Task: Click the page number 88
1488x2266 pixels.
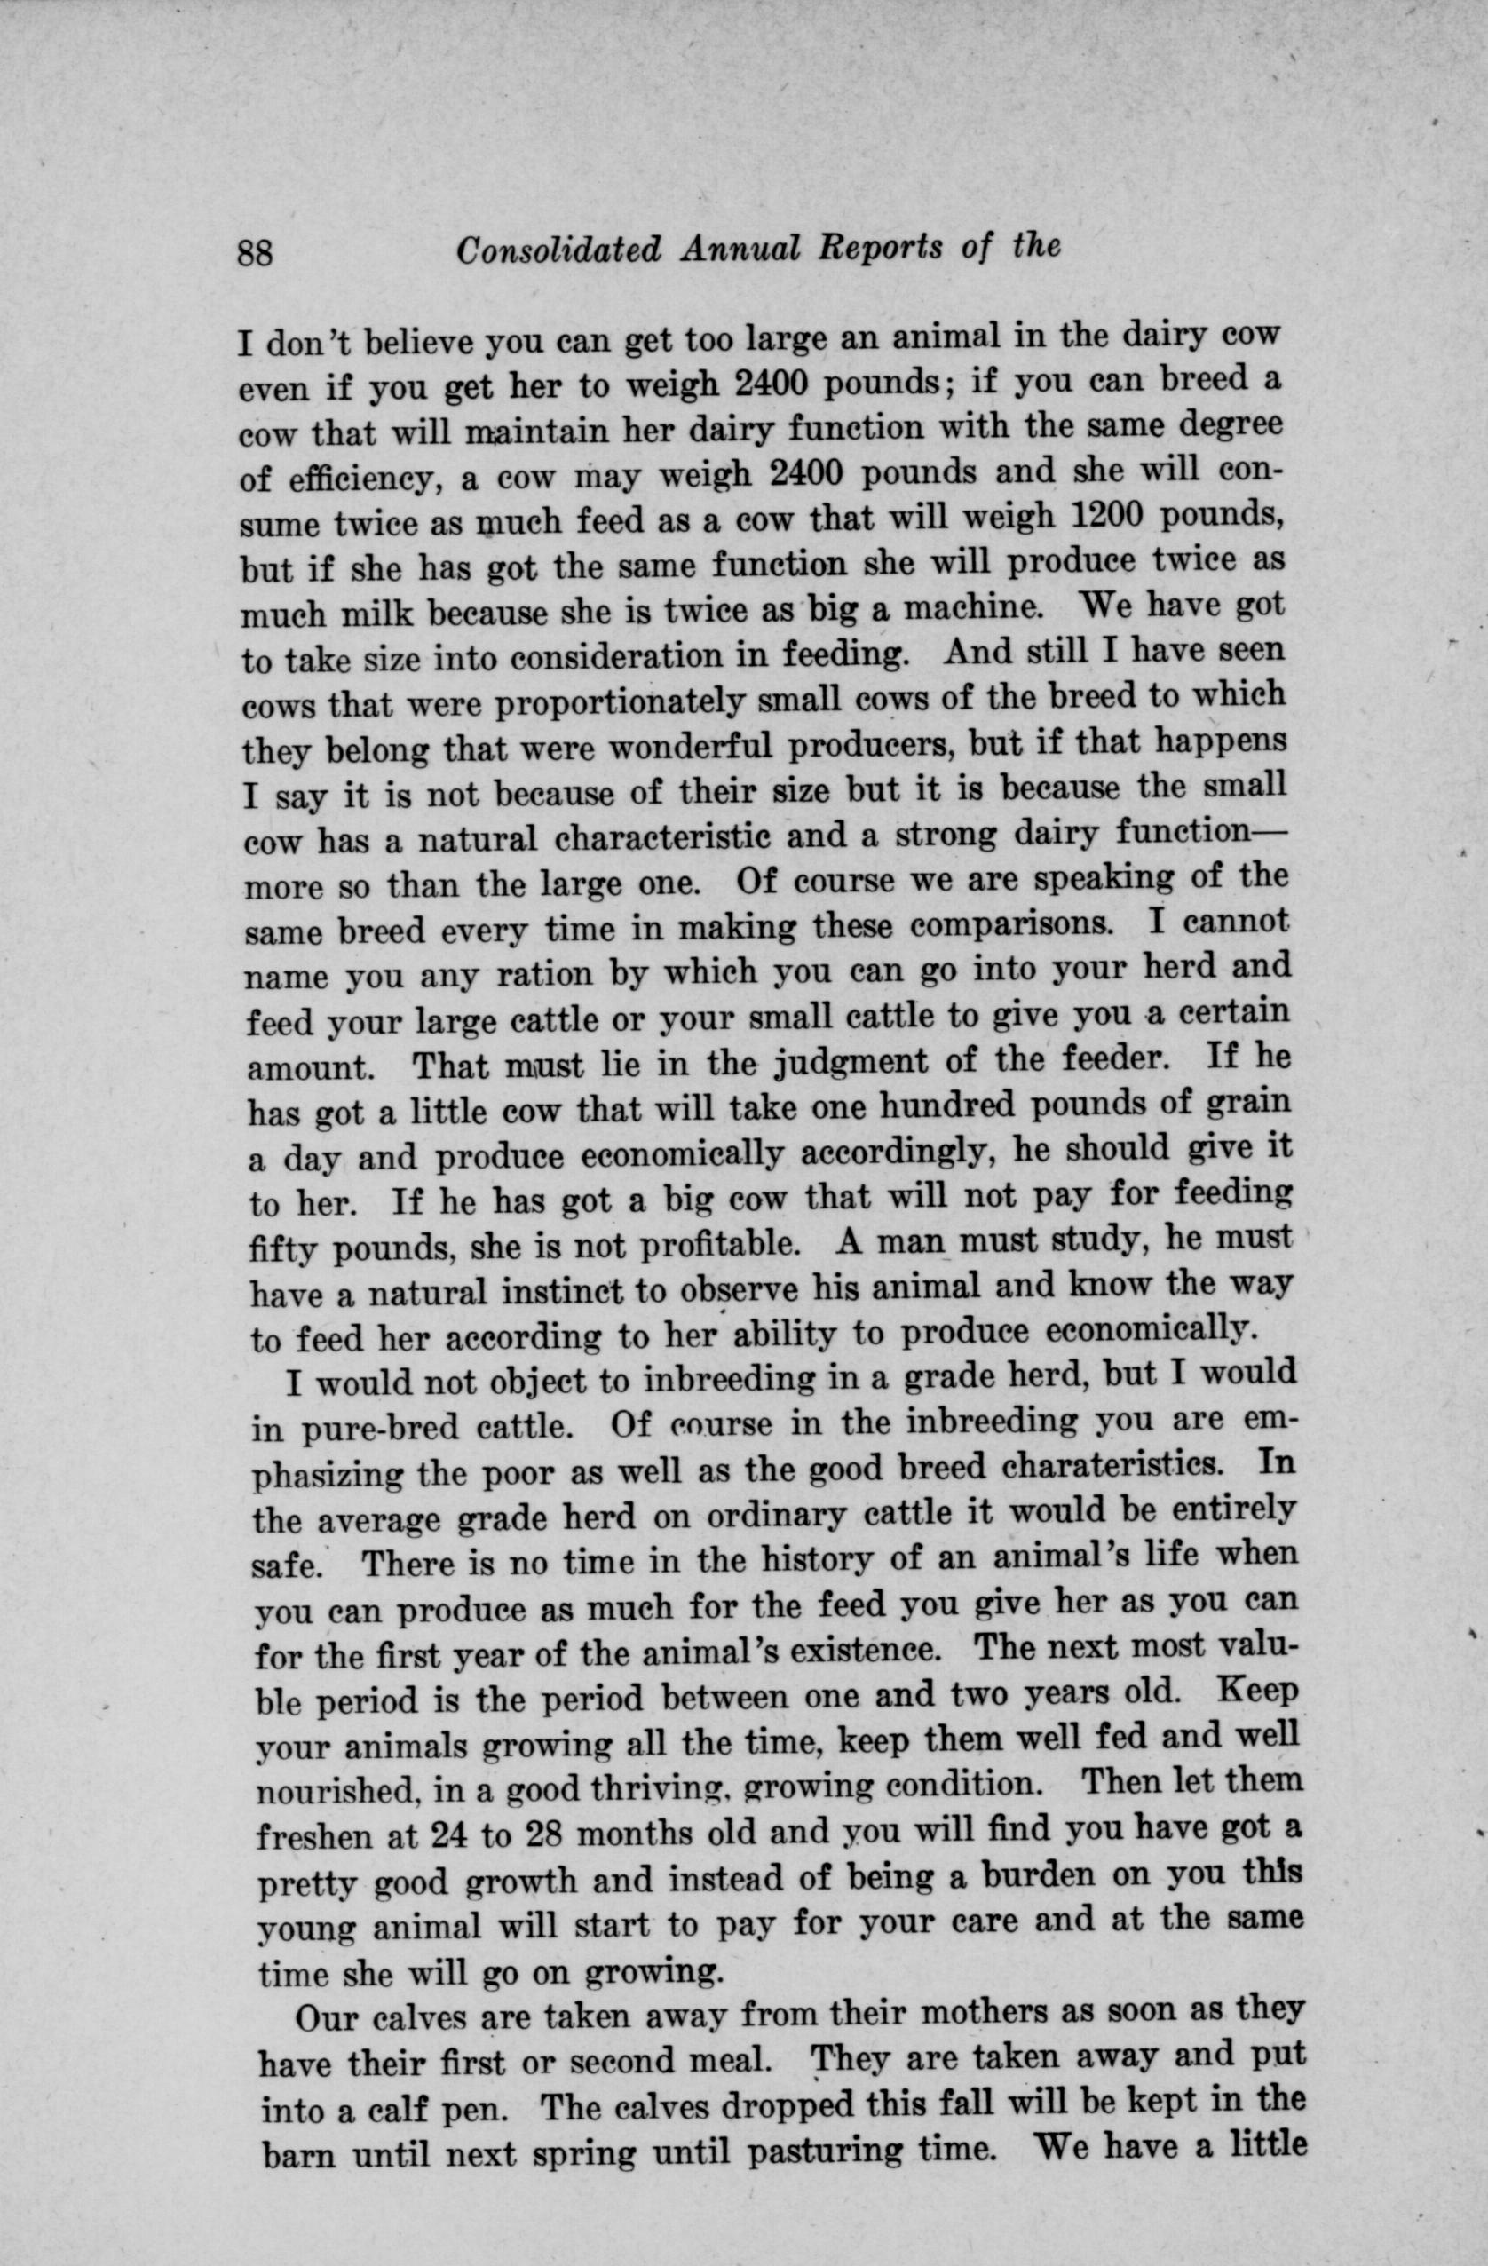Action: coord(255,253)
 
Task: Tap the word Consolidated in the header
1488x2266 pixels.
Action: coord(558,250)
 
